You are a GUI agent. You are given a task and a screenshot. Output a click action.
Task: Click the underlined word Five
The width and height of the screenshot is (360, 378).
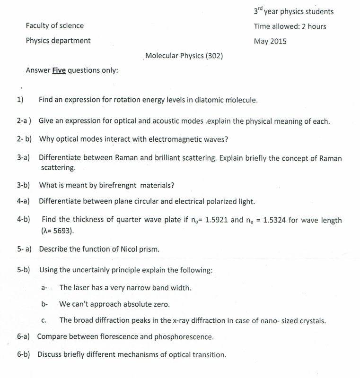(59, 70)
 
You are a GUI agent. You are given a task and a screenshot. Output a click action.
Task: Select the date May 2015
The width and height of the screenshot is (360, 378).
(270, 41)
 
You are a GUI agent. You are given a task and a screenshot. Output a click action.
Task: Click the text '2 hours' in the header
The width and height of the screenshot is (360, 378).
(314, 26)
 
